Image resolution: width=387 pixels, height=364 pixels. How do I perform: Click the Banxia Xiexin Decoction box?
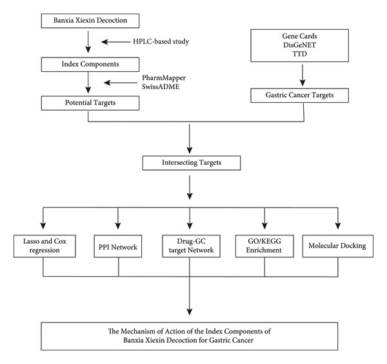pyautogui.click(x=90, y=21)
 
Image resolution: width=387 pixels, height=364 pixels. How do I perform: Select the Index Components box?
pyautogui.click(x=90, y=65)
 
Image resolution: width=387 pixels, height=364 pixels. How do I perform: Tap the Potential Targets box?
pyautogui.click(x=90, y=103)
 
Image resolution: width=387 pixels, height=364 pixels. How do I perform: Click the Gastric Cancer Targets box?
pyautogui.click(x=300, y=95)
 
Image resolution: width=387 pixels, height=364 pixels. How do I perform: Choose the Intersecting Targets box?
pyautogui.click(x=192, y=163)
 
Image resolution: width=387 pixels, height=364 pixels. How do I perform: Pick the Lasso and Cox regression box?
pyautogui.click(x=45, y=246)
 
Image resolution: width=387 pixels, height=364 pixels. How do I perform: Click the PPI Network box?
pyautogui.click(x=118, y=246)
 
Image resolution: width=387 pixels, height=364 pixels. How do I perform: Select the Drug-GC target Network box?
pyautogui.click(x=192, y=246)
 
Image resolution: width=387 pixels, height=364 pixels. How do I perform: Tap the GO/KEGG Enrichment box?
pyautogui.click(x=264, y=246)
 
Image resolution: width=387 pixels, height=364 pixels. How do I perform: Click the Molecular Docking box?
pyautogui.click(x=338, y=246)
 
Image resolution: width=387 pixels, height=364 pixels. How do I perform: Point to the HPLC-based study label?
pyautogui.click(x=161, y=41)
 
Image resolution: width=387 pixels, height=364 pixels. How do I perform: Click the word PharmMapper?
pyautogui.click(x=164, y=78)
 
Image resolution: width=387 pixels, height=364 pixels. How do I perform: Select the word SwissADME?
pyautogui.click(x=161, y=87)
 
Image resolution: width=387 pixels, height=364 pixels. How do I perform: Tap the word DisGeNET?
pyautogui.click(x=300, y=45)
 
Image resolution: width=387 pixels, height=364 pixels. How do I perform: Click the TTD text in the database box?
pyautogui.click(x=300, y=54)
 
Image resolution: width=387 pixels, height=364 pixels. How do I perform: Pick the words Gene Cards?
pyautogui.click(x=300, y=36)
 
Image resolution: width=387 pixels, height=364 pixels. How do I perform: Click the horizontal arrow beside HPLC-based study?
pyautogui.click(x=116, y=42)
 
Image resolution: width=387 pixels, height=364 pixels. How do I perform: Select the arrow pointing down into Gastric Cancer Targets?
pyautogui.click(x=303, y=75)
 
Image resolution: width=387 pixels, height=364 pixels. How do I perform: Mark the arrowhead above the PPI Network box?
pyautogui.click(x=118, y=226)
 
